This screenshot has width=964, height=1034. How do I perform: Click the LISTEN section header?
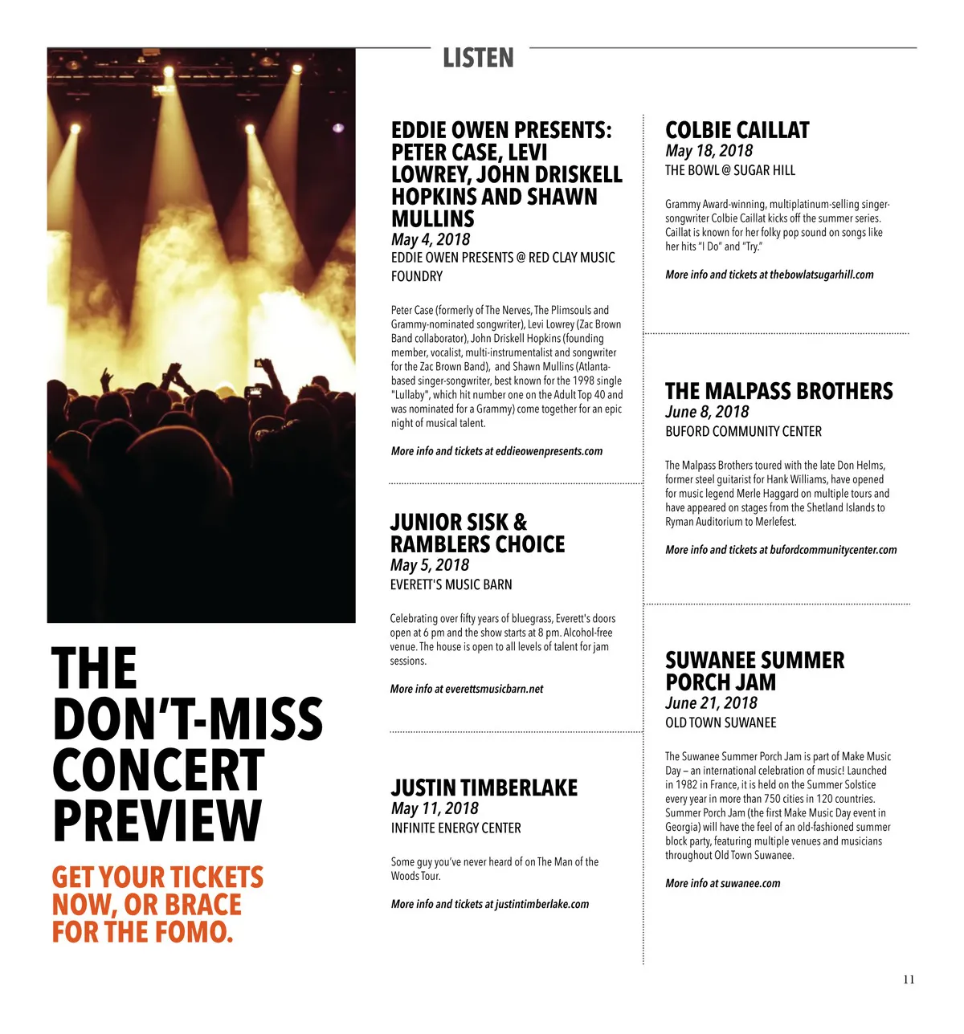[x=478, y=58]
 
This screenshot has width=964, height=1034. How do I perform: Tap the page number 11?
[x=909, y=979]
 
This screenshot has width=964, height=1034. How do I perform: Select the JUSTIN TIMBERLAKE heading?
[x=484, y=788]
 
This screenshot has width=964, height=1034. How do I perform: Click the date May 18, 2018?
[x=709, y=151]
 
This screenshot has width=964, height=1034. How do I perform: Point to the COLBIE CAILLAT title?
[x=737, y=130]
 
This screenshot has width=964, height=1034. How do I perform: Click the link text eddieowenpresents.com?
[x=549, y=451]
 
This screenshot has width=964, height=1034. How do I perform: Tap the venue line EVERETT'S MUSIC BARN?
[x=451, y=584]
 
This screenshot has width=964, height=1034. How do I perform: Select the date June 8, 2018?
[x=707, y=412]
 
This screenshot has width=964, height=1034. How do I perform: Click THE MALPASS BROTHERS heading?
[x=778, y=391]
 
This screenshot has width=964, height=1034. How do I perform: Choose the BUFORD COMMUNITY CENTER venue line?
[x=743, y=432]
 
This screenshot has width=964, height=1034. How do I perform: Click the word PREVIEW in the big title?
[x=157, y=820]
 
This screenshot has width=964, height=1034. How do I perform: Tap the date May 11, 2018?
[x=434, y=808]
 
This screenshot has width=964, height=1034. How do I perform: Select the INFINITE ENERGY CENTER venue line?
[x=455, y=828]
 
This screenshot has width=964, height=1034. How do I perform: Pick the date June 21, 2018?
[x=711, y=703]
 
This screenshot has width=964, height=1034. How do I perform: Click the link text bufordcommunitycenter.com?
[x=833, y=550]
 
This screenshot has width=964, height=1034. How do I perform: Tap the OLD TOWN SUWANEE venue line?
[x=721, y=723]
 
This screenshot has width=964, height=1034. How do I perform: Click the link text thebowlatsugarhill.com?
[x=821, y=275]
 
